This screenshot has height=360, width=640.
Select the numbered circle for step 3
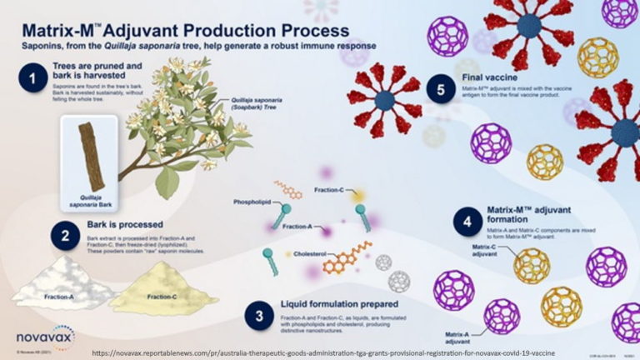pos(259,315)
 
